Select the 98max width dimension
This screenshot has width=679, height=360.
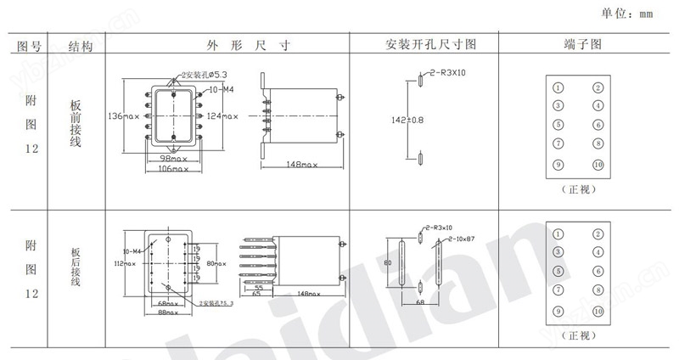173,159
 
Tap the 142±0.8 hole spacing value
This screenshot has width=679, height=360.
407,120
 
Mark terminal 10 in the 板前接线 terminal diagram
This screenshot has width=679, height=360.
598,165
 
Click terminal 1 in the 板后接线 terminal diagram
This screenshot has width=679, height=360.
558,233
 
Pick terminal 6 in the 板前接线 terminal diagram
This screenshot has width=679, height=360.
598,124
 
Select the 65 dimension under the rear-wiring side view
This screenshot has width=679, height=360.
256,293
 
